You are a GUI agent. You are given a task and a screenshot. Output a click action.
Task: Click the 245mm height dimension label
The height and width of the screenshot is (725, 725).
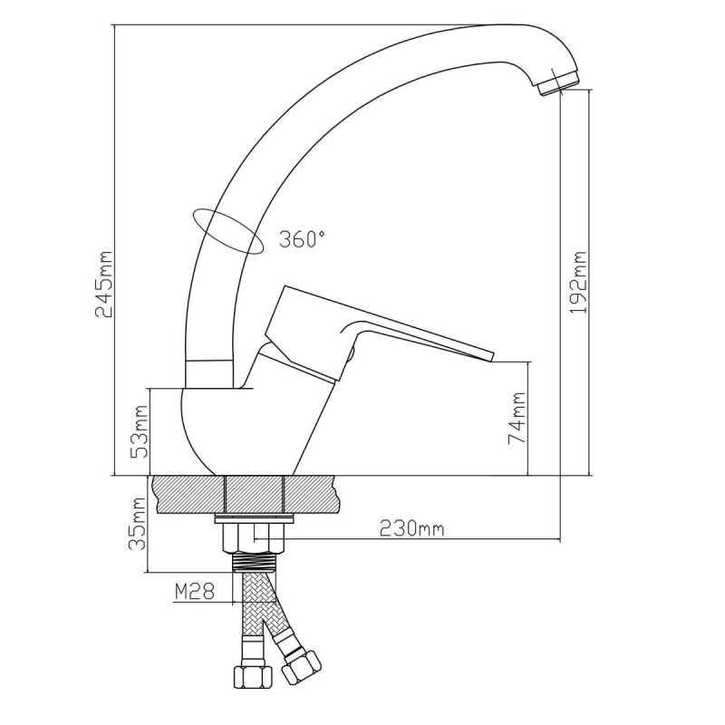tap(104, 285)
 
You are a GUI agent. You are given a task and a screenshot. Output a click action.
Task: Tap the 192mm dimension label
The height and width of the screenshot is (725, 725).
tap(578, 283)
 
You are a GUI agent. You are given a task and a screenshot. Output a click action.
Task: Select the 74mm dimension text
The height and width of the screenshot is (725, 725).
tap(517, 418)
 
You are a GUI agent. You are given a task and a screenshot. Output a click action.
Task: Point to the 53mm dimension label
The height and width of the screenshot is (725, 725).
tap(140, 431)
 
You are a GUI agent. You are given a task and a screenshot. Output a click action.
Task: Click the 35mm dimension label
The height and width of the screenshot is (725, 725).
tap(137, 524)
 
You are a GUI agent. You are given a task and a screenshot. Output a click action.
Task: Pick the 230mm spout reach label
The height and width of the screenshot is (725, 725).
tap(411, 528)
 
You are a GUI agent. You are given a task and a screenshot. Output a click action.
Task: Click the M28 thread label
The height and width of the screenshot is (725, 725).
tap(195, 591)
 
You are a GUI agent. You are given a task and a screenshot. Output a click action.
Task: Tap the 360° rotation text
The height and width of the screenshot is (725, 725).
tap(302, 239)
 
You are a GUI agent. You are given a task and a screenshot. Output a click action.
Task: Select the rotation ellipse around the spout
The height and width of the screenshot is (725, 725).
tap(227, 231)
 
